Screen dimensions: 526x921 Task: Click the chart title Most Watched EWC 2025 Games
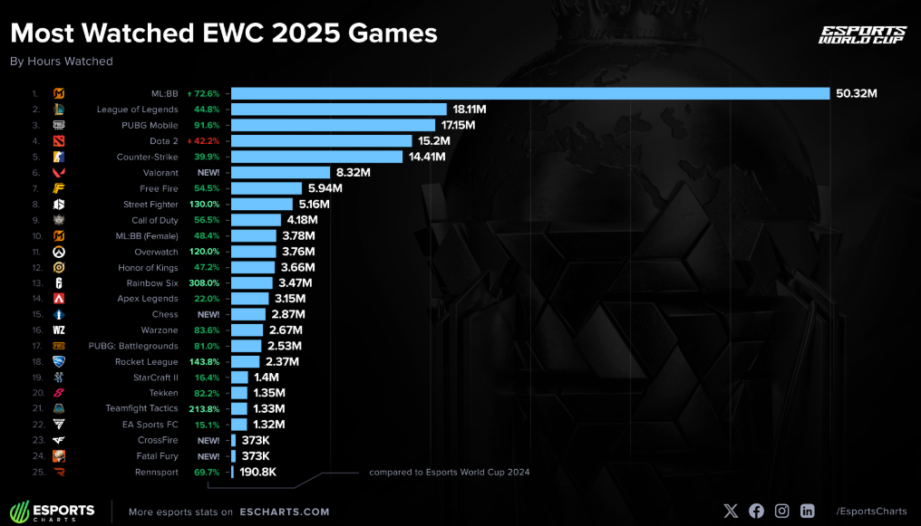223,33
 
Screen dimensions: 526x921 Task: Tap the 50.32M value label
856,93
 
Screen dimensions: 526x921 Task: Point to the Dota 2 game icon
59,141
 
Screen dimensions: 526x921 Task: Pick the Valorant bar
280,172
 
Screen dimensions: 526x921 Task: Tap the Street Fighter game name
150,204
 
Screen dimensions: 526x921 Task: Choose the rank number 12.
35,267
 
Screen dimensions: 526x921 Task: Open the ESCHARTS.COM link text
285,512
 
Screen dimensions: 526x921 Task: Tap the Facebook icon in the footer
756,511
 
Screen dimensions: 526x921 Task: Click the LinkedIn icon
807,511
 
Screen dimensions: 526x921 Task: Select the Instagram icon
781,511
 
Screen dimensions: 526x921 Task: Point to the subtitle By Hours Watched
61,62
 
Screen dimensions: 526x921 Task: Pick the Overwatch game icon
59,251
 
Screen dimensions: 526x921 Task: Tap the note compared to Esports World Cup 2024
449,472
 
